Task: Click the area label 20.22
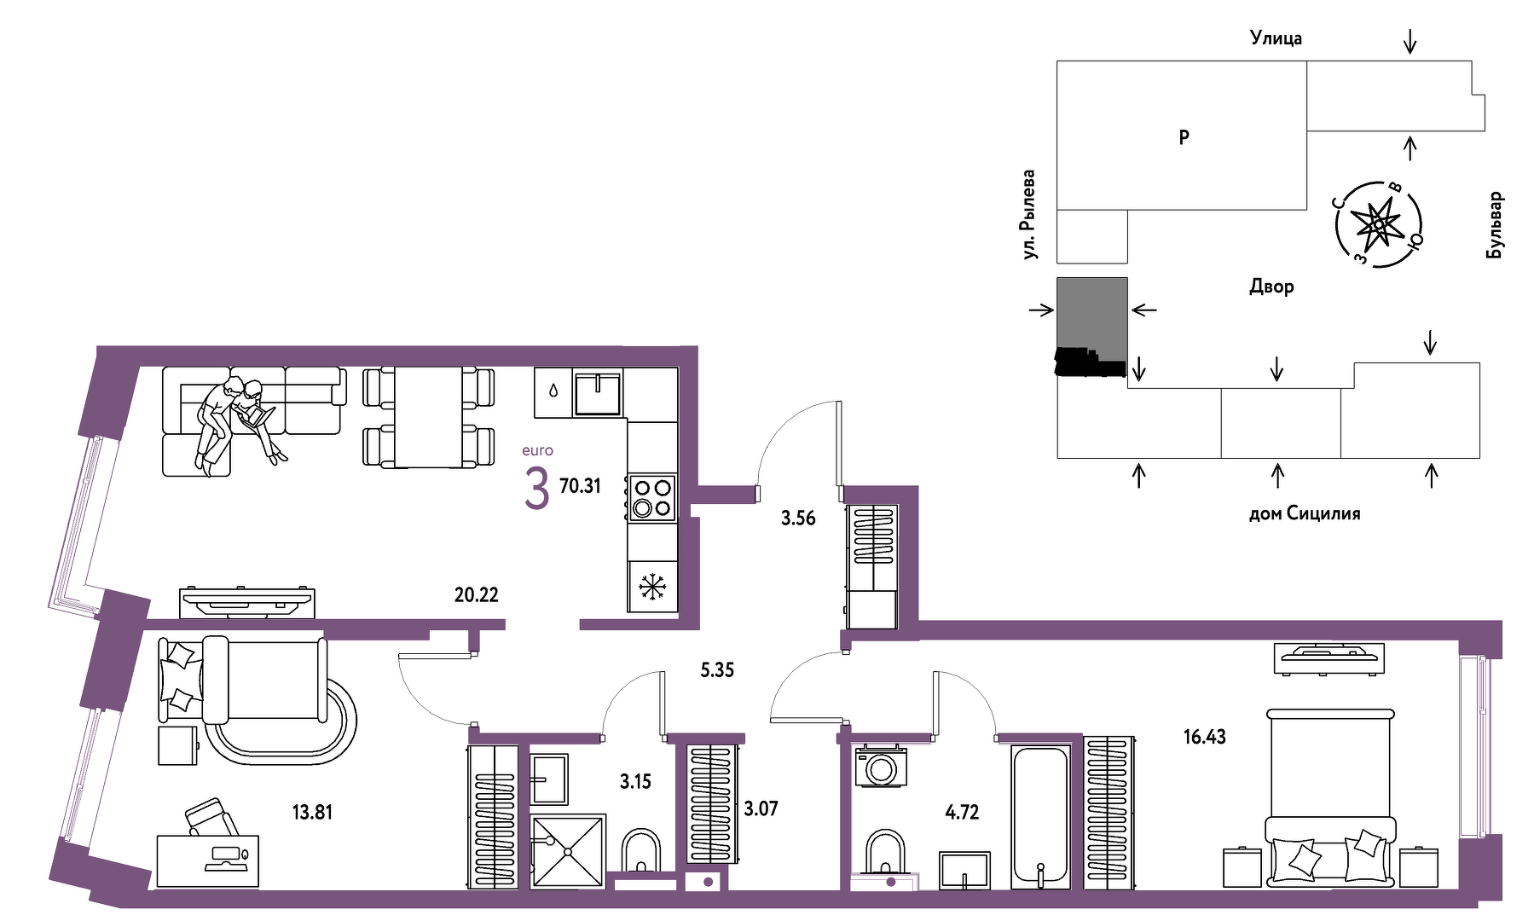click(476, 594)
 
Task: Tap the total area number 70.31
click(580, 486)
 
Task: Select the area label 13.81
click(312, 812)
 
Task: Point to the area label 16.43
click(1204, 737)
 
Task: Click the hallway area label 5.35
click(717, 670)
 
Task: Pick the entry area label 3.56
click(798, 518)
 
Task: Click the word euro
click(537, 450)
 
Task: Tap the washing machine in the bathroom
click(882, 766)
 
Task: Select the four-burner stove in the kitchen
click(652, 498)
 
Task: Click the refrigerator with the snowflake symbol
click(652, 587)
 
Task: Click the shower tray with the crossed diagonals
click(567, 852)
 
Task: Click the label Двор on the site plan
click(1271, 287)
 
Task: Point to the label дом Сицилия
click(1304, 513)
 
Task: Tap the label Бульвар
click(1495, 225)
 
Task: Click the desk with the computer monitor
click(207, 860)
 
